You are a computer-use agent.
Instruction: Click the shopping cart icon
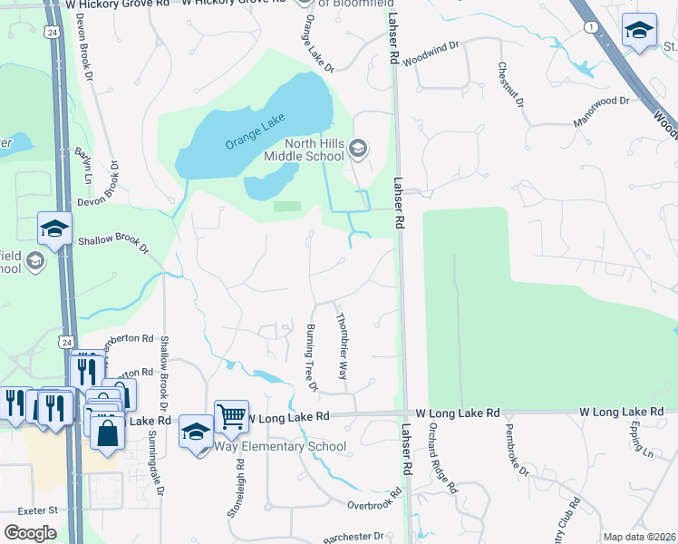point(231,417)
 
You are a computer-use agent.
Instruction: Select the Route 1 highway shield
point(592,28)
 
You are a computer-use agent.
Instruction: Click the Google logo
point(30,533)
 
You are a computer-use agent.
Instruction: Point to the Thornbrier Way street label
point(343,347)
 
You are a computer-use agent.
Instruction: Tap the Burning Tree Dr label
point(311,357)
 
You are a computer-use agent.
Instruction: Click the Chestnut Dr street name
point(509,85)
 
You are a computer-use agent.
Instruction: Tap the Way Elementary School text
point(280,446)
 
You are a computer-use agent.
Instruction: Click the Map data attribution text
point(639,537)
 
